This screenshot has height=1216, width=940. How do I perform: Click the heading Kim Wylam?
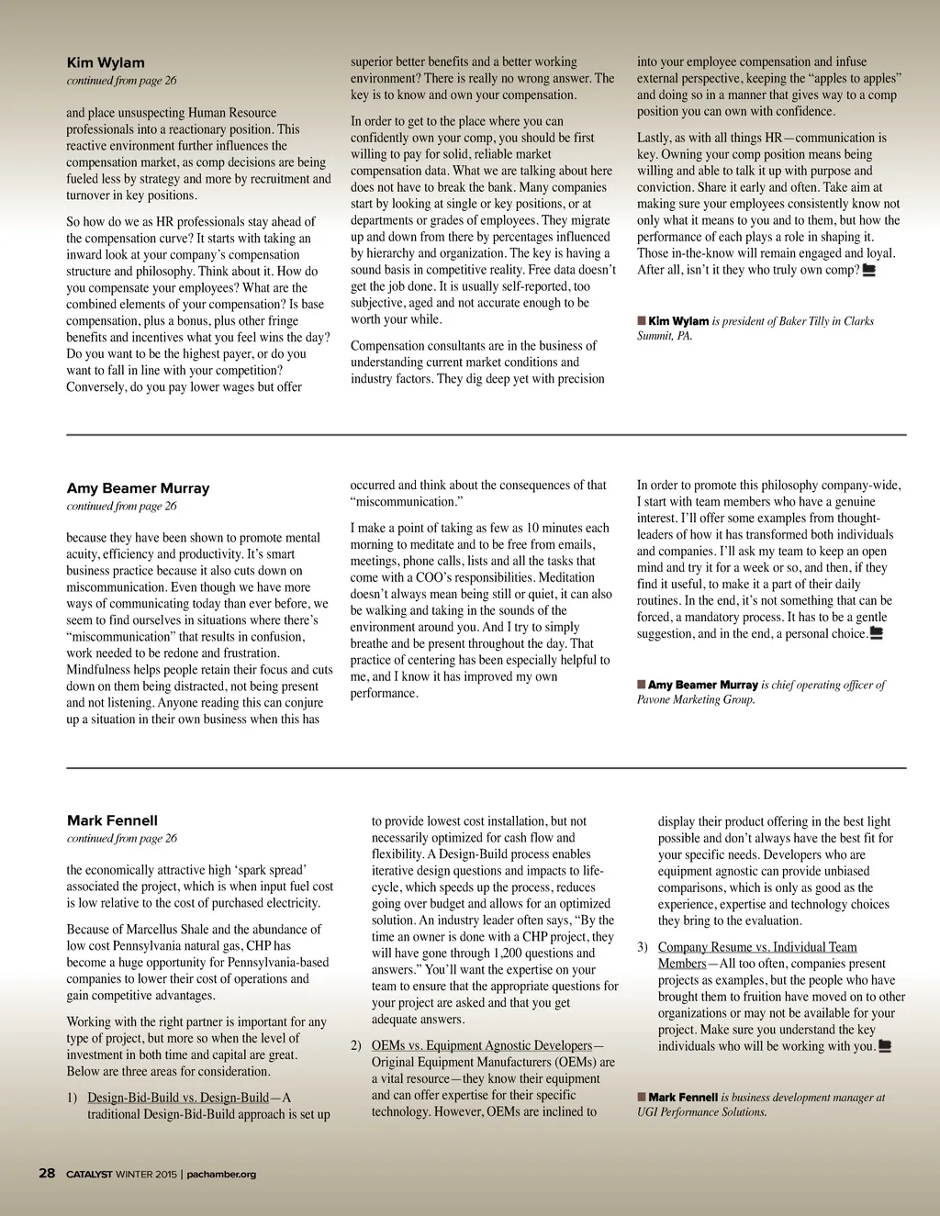click(x=106, y=62)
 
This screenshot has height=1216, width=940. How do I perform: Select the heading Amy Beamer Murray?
click(x=138, y=488)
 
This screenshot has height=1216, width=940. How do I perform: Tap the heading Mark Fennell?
click(x=112, y=820)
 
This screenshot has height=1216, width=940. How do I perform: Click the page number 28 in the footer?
click(x=47, y=1173)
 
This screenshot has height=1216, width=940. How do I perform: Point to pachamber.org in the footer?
click(x=221, y=1174)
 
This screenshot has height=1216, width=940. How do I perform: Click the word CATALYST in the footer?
click(x=89, y=1174)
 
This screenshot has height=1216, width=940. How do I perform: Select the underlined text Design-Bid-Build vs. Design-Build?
click(x=178, y=1098)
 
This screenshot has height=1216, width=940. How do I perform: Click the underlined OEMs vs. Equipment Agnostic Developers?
click(x=482, y=1045)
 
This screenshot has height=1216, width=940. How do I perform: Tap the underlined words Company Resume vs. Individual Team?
click(x=757, y=947)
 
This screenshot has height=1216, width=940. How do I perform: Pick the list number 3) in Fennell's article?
click(x=643, y=947)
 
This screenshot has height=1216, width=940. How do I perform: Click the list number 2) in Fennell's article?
click(x=356, y=1045)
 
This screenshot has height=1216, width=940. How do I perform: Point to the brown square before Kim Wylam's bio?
click(x=642, y=320)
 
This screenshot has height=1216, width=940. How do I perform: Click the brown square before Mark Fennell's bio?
click(x=642, y=1097)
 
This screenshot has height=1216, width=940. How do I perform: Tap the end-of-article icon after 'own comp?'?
click(x=868, y=270)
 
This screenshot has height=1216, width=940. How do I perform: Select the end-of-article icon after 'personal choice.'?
click(x=876, y=633)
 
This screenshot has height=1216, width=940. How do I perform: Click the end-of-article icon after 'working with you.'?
click(x=885, y=1046)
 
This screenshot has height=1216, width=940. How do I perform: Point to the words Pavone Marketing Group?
click(x=695, y=699)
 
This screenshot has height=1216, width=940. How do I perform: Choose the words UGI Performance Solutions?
click(x=701, y=1111)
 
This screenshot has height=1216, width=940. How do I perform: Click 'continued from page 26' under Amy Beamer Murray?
click(x=121, y=506)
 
